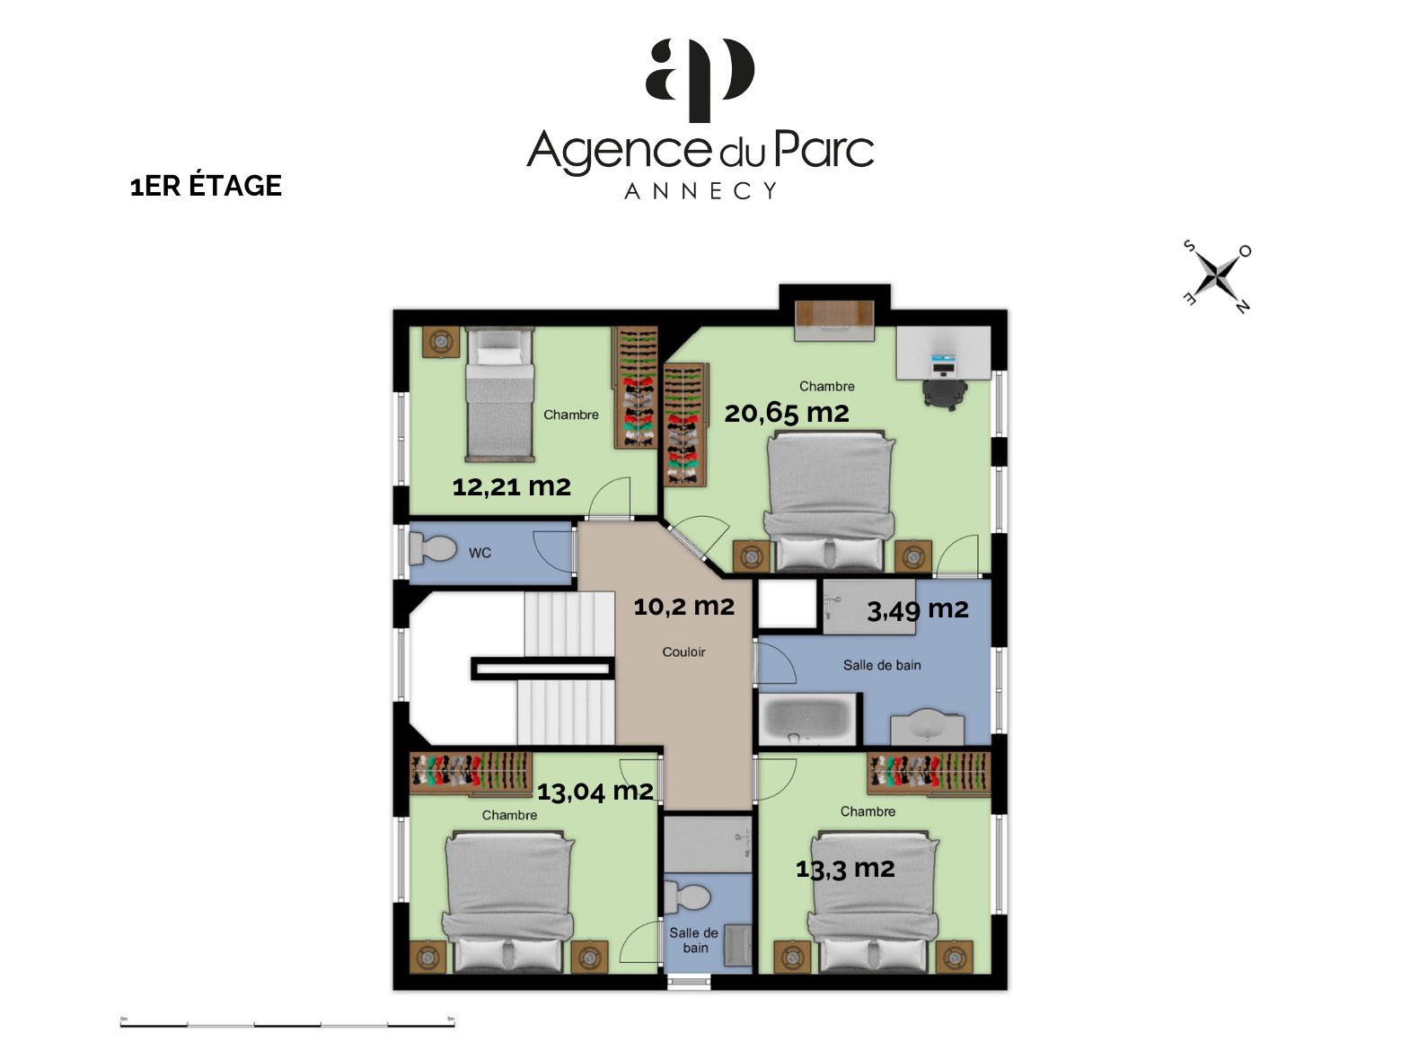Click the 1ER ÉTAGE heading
point(206,186)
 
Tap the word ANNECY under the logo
point(700,190)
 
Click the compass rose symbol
point(1218,276)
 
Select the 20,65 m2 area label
point(787,413)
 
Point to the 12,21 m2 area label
point(511,487)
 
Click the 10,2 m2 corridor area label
point(683,607)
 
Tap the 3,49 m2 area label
point(917,610)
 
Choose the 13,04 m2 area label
point(595,792)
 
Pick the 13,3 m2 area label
point(845,869)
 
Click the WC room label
point(480,553)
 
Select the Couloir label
point(683,652)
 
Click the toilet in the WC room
point(432,548)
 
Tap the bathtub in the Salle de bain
point(806,719)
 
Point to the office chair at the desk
point(945,391)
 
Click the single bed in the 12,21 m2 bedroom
point(499,394)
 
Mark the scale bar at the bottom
point(287,1023)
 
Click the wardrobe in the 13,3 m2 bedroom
point(929,773)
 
